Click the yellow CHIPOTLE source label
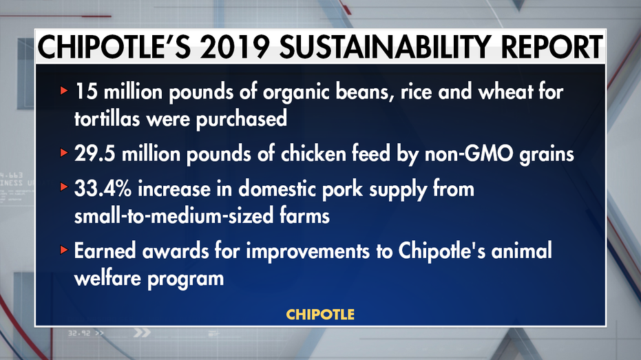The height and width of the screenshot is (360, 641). pyautogui.click(x=321, y=315)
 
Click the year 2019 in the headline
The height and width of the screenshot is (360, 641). pyautogui.click(x=234, y=47)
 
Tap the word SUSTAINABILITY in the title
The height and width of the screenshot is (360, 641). pyautogui.click(x=385, y=47)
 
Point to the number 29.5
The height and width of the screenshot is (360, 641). pyautogui.click(x=94, y=154)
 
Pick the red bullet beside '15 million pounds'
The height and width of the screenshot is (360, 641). pyautogui.click(x=63, y=90)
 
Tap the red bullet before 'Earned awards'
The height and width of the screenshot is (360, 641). pyautogui.click(x=63, y=250)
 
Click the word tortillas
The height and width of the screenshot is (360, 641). pyautogui.click(x=107, y=118)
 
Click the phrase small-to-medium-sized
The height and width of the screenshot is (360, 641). pyautogui.click(x=174, y=215)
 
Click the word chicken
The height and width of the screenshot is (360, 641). pyautogui.click(x=313, y=154)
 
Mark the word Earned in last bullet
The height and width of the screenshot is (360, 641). pyautogui.click(x=105, y=251)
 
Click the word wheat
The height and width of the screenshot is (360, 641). pyautogui.click(x=505, y=91)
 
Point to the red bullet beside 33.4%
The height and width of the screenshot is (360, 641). pyautogui.click(x=63, y=187)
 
